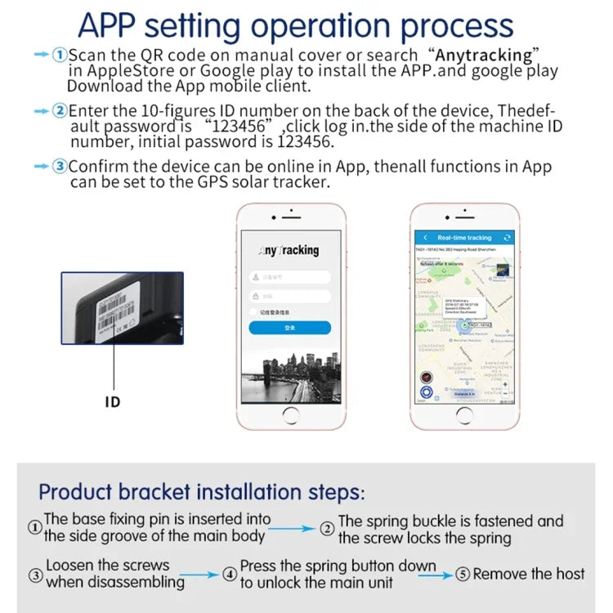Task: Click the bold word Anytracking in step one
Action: (484, 55)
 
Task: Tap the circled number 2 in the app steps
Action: (60, 110)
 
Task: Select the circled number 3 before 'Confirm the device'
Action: (60, 167)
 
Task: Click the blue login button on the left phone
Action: (289, 328)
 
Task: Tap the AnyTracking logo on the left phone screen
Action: (289, 250)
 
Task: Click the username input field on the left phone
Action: (289, 276)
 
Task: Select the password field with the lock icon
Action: (289, 295)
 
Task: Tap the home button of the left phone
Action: (289, 415)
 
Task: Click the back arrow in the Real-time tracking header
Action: (425, 237)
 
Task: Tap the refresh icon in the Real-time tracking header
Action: (508, 237)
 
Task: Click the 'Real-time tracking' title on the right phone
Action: (464, 237)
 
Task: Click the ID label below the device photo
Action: (113, 402)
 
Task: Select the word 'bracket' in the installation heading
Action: (183, 492)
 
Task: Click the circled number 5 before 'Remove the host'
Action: (463, 575)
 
